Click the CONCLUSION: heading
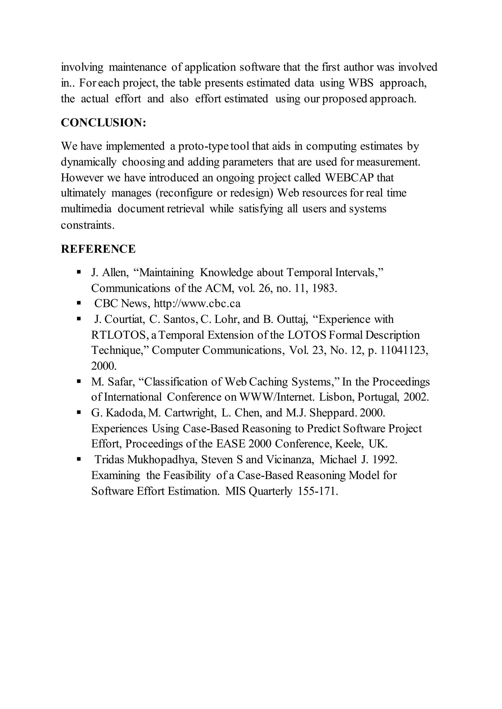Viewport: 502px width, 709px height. pyautogui.click(x=103, y=123)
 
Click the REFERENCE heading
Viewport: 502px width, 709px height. pyautogui.click(x=98, y=249)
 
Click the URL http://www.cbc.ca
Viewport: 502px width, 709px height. pyautogui.click(x=197, y=304)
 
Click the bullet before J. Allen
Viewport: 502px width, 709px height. pyautogui.click(x=79, y=272)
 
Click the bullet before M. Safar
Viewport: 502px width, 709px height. pyautogui.click(x=79, y=382)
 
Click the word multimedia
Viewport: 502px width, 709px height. pyautogui.click(x=86, y=209)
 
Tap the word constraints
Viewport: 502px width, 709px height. pyautogui.click(x=87, y=225)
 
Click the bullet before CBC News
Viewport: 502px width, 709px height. pyautogui.click(x=79, y=304)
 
